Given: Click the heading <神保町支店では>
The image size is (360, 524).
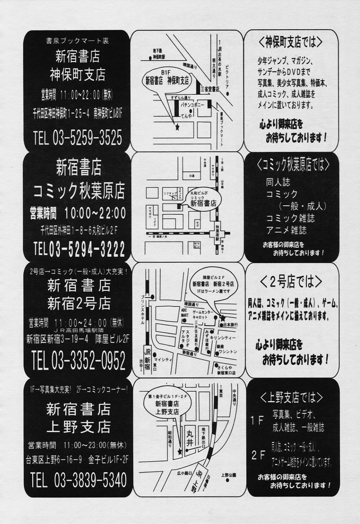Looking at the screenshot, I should point(291,42).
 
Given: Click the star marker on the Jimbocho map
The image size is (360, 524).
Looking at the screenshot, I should point(177,128).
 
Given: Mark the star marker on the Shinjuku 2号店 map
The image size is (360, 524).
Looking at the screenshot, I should point(223,317).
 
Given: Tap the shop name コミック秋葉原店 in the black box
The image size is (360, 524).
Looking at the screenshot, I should point(79,191).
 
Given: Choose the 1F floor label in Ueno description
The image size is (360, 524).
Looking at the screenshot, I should point(257,421).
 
